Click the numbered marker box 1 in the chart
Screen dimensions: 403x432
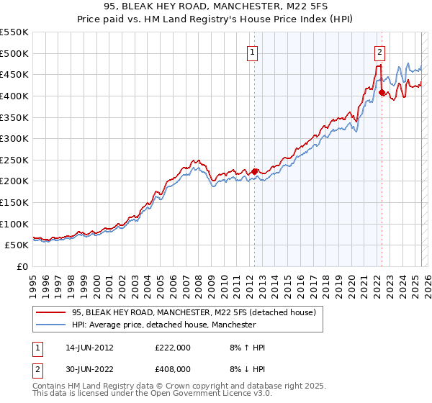pyautogui.click(x=253, y=51)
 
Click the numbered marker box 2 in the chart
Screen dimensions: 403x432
pyautogui.click(x=379, y=51)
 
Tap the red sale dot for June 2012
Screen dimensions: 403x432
pyautogui.click(x=254, y=171)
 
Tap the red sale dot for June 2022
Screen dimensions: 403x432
pyautogui.click(x=382, y=92)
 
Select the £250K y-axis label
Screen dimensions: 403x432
pyautogui.click(x=14, y=160)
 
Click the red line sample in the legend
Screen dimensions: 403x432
pyautogui.click(x=51, y=313)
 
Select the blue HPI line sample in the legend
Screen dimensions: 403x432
pyautogui.click(x=51, y=325)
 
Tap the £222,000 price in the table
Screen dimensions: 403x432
pyautogui.click(x=173, y=348)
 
